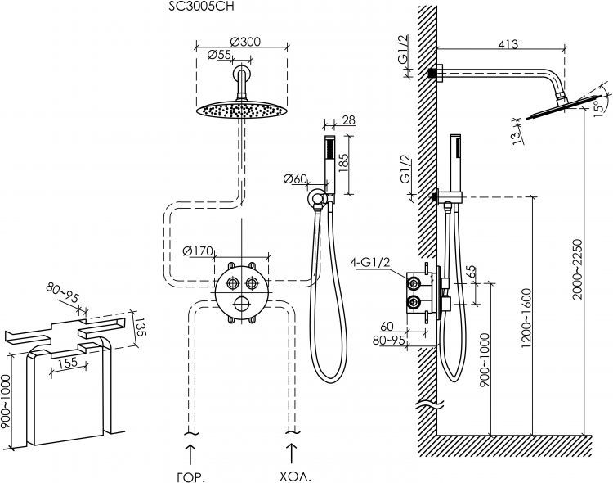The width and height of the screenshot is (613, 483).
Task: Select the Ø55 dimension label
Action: tap(218, 55)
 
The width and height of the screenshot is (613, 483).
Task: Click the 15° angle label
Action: tap(602, 105)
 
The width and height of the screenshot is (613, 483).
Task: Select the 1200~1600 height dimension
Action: tap(526, 311)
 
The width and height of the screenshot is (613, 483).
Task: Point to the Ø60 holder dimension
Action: tap(296, 179)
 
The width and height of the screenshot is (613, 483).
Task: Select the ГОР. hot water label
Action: tap(190, 475)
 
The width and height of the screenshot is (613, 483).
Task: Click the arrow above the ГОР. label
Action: tap(190, 452)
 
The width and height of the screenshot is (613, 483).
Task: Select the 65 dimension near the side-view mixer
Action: tap(470, 273)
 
